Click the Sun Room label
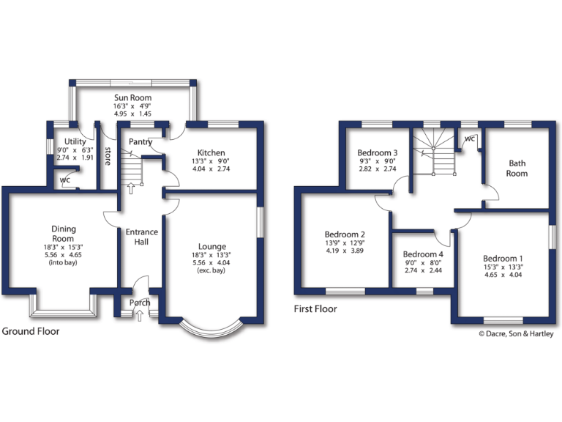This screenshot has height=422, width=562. (132, 97)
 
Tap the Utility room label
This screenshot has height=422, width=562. (75, 141)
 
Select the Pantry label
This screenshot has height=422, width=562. (140, 141)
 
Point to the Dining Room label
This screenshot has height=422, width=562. (63, 234)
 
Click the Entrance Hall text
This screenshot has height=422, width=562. (142, 237)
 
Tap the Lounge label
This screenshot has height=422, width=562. (212, 247)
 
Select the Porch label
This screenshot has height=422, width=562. (140, 303)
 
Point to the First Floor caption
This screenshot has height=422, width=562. (315, 309)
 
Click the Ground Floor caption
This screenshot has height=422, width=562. (31, 331)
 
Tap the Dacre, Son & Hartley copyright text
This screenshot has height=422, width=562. (517, 333)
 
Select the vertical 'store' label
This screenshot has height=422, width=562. (108, 156)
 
